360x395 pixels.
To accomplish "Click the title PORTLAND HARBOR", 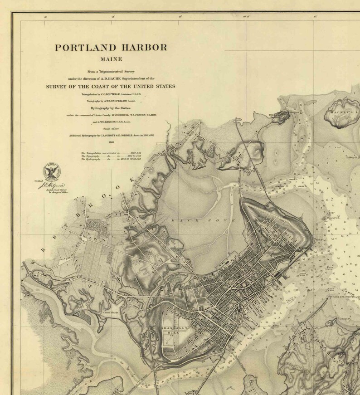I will pos(111,48).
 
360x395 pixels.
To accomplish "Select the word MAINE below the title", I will pos(111,59).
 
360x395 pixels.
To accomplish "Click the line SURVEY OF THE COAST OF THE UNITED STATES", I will pos(110,86).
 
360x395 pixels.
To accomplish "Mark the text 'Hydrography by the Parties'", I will pos(111,108).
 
